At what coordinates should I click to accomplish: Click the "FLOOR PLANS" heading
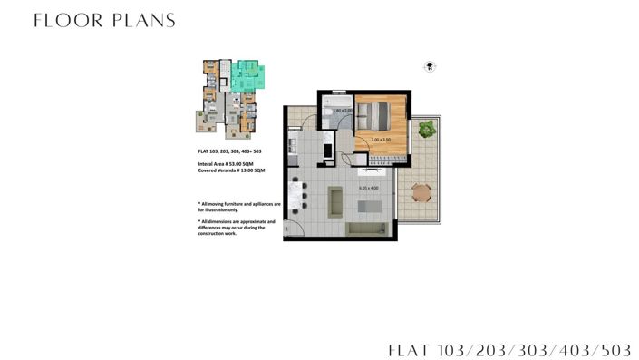pyautogui.click(x=104, y=20)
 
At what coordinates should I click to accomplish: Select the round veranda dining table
pyautogui.click(x=421, y=192)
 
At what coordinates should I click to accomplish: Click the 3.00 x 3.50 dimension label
pyautogui.click(x=381, y=140)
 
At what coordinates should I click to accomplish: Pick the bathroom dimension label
pyautogui.click(x=342, y=111)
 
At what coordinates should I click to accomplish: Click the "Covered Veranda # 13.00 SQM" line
pyautogui.click(x=231, y=170)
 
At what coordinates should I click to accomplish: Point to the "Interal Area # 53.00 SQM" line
pyautogui.click(x=230, y=163)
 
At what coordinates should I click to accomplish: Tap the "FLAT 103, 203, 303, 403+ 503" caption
pyautogui.click(x=230, y=151)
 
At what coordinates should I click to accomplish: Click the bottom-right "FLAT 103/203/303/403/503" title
pyautogui.click(x=509, y=349)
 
